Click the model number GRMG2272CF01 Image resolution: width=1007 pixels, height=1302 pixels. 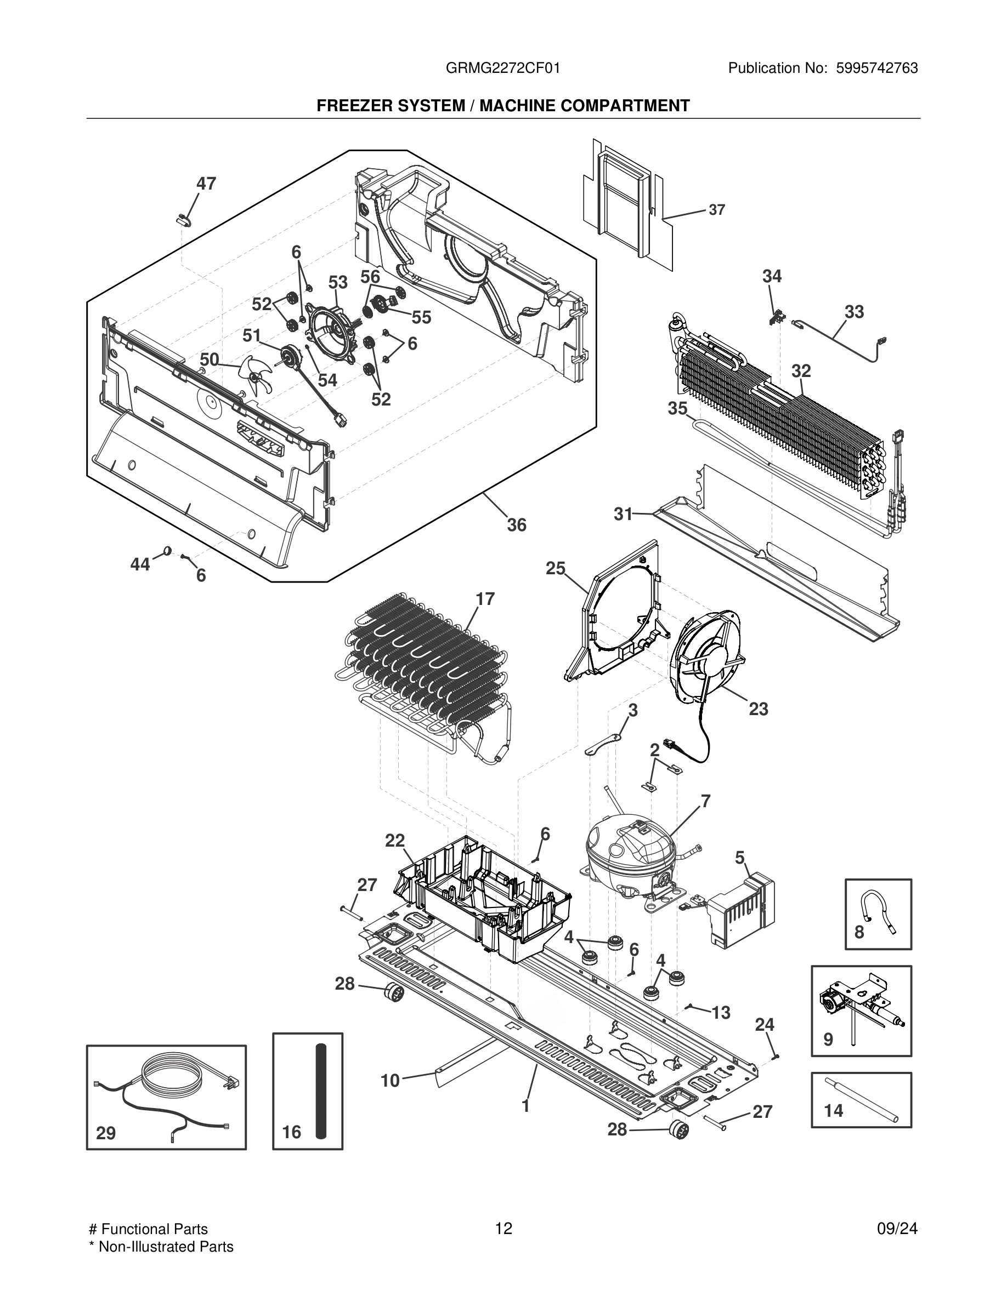click(x=503, y=68)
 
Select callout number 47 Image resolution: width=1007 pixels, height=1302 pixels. click(x=206, y=184)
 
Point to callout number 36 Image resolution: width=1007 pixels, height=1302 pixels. click(x=517, y=524)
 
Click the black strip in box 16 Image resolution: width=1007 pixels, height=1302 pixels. click(x=321, y=1090)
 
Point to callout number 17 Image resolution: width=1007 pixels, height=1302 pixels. click(x=485, y=598)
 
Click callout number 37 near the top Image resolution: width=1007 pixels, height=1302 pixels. click(x=716, y=210)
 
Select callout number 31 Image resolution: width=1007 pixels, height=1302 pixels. click(x=623, y=514)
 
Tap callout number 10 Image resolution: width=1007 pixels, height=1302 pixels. click(x=389, y=1080)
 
